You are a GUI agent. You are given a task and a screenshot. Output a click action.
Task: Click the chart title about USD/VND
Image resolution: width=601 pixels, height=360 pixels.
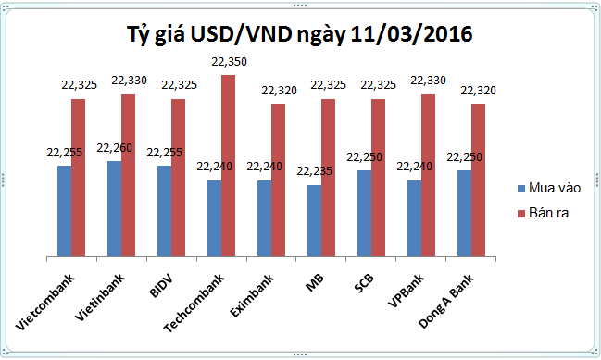(299, 35)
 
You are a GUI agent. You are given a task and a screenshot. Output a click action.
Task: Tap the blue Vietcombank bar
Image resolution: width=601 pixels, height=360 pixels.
(64, 211)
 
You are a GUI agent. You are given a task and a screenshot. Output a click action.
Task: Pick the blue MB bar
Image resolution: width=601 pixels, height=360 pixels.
(314, 220)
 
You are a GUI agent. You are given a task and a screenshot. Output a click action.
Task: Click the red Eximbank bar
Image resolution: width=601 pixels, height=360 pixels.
(278, 180)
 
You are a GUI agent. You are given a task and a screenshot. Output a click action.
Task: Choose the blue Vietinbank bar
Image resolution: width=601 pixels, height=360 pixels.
(114, 208)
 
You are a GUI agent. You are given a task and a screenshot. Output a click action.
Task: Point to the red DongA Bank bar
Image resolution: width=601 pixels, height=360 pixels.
(478, 180)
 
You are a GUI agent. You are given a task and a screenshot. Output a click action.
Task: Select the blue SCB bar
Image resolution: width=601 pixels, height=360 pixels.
(364, 213)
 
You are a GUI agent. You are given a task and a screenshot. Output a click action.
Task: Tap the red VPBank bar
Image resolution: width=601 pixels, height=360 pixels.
(428, 176)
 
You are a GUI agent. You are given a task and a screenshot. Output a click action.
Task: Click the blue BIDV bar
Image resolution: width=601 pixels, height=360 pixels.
(164, 211)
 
